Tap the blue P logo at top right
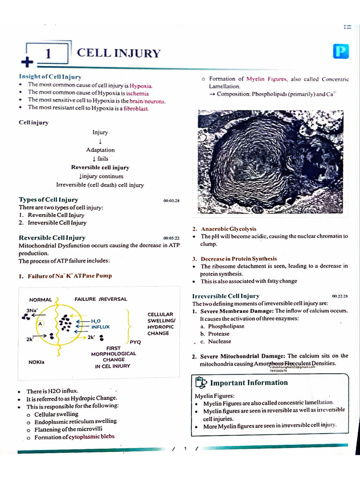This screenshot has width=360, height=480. point(341,52)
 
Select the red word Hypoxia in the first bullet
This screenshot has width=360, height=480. point(141,85)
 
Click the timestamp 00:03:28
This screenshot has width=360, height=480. point(171,201)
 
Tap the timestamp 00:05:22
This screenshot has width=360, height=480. point(171,239)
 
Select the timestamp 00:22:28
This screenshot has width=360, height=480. point(340,296)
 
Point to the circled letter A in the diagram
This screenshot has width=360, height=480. point(41,324)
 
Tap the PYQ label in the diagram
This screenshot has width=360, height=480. point(135,342)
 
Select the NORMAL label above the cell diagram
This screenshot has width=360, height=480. point(41,299)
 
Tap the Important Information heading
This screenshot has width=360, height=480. point(249,382)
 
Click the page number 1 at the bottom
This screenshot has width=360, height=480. point(185,449)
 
